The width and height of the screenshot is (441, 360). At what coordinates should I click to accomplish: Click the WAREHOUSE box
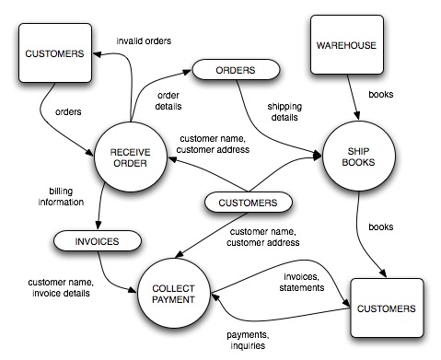pyautogui.click(x=347, y=45)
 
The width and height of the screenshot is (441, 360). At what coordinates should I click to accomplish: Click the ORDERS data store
pyautogui.click(x=236, y=70)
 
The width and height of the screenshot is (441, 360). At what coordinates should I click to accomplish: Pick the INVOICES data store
pyautogui.click(x=98, y=241)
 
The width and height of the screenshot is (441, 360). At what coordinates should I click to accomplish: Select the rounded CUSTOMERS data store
pyautogui.click(x=248, y=203)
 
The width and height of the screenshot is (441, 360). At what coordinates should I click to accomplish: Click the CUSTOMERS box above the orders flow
pyautogui.click(x=55, y=52)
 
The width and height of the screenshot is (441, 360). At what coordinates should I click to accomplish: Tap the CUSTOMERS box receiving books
pyautogui.click(x=387, y=308)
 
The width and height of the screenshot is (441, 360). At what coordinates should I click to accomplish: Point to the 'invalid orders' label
pyautogui.click(x=144, y=41)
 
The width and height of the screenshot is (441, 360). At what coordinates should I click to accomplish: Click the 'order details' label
pyautogui.click(x=168, y=100)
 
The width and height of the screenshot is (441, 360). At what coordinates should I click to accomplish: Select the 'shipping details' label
pyautogui.click(x=284, y=111)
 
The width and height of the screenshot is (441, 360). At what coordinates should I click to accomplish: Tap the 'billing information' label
pyautogui.click(x=61, y=196)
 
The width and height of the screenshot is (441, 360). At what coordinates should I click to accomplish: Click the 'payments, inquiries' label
pyautogui.click(x=248, y=340)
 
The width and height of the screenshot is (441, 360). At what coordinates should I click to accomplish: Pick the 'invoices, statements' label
pyautogui.click(x=302, y=282)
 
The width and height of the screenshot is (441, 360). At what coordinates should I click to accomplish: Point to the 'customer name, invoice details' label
pyautogui.click(x=61, y=287)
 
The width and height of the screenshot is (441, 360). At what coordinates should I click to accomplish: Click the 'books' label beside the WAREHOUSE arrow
pyautogui.click(x=381, y=94)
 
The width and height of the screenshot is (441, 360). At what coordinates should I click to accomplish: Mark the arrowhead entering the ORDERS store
pyautogui.click(x=187, y=72)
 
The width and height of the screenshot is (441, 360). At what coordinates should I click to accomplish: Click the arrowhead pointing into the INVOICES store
pyautogui.click(x=99, y=225)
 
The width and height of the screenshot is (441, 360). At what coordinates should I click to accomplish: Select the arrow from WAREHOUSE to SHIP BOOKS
pyautogui.click(x=353, y=97)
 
